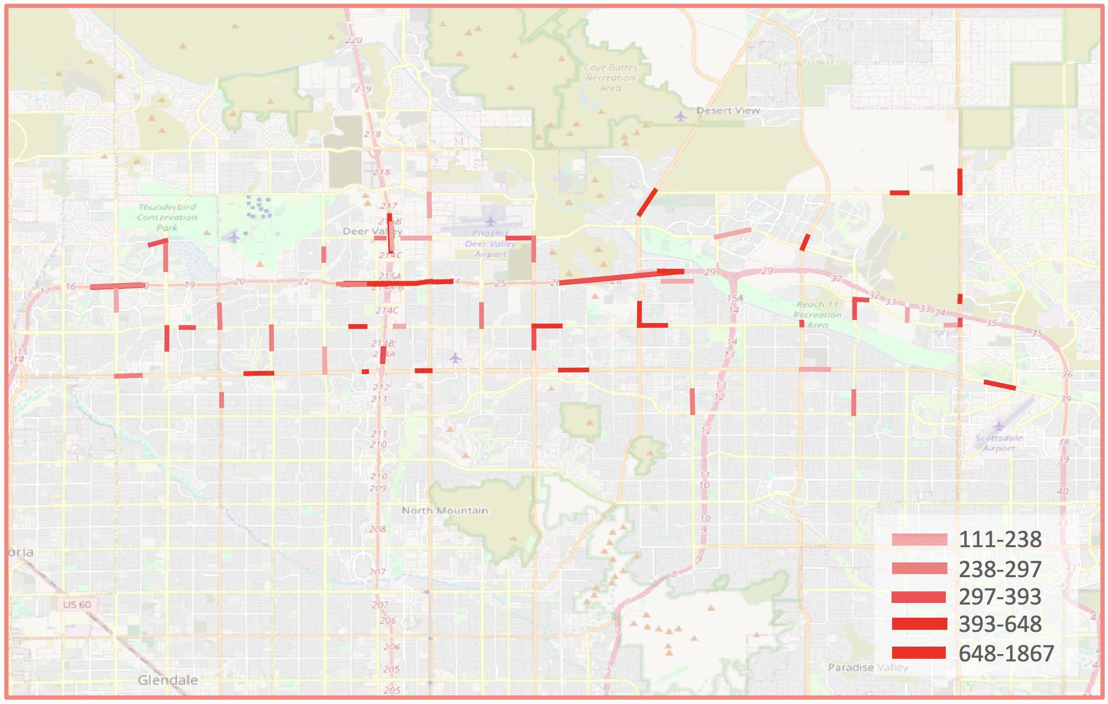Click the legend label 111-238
1000,539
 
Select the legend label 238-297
1000,569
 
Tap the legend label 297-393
1000,597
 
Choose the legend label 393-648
1000,624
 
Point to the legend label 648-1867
1006,653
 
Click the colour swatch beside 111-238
919,539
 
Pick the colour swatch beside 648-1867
919,653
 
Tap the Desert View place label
728,110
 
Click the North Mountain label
444,510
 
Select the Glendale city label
168,680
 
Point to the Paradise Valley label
868,667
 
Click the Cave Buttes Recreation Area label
611,78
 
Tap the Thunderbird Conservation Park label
167,217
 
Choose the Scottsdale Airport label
998,443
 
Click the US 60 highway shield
77,605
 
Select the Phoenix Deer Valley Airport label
490,244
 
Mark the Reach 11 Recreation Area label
817,315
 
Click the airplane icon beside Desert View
680,116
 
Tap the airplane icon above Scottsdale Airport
998,426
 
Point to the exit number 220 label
354,40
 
